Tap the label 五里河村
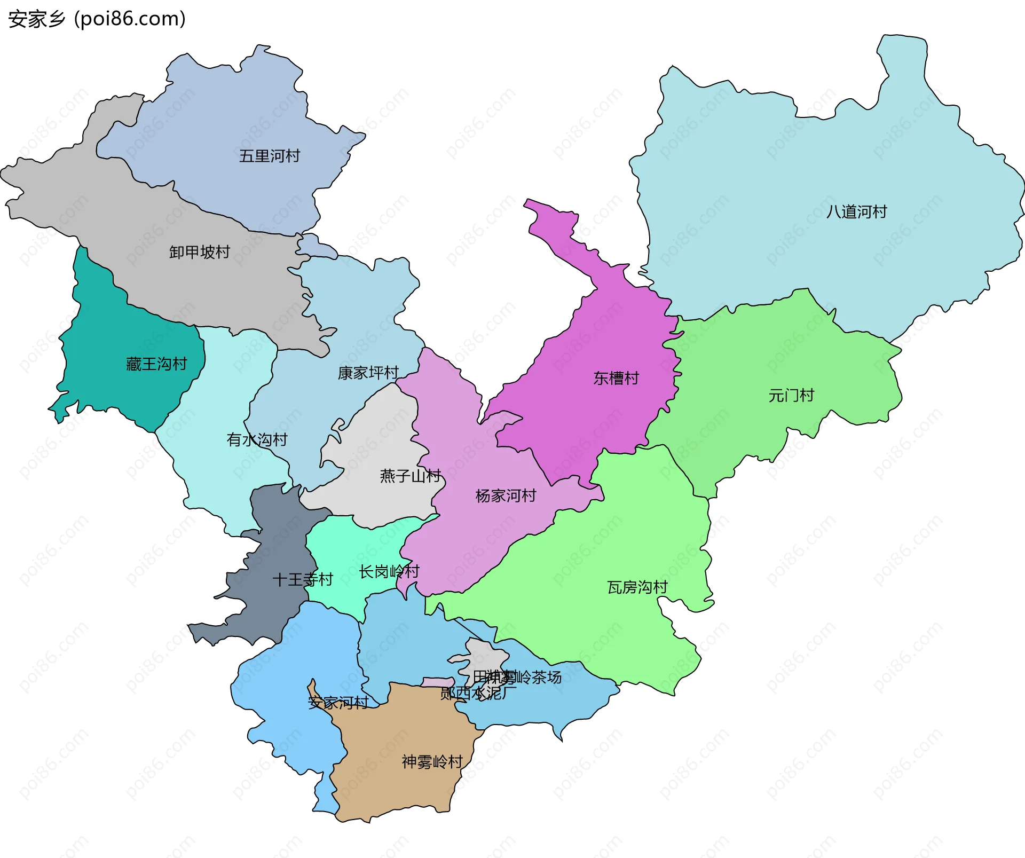point(269,156)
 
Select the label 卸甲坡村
point(199,252)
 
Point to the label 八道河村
point(856,212)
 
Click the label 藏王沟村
point(156,364)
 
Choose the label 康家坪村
point(368,373)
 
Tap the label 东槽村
point(616,378)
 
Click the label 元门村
point(791,396)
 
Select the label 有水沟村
point(257,439)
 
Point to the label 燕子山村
point(410,476)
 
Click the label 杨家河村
point(506,495)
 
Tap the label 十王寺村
point(302,579)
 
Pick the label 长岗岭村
point(389,572)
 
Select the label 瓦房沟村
point(637,587)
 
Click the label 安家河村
point(338,703)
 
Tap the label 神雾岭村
point(432,761)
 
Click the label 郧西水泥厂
point(478,694)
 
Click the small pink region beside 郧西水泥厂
point(437,682)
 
